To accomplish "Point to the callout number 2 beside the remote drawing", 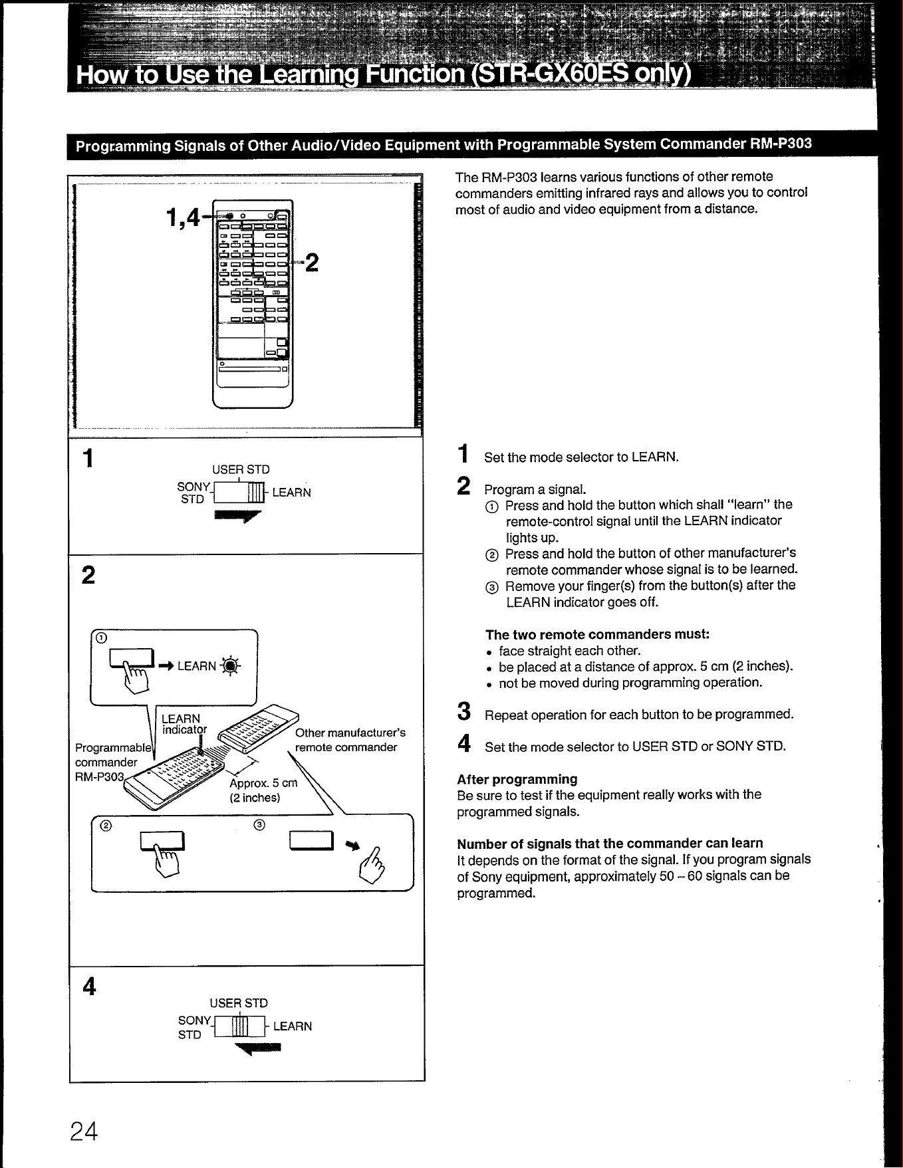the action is click(312, 264).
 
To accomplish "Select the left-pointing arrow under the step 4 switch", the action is click(258, 1049).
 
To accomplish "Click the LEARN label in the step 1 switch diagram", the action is click(291, 493).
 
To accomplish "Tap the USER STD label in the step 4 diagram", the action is click(239, 1002).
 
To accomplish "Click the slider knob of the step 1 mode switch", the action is click(256, 493).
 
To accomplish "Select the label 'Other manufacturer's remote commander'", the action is click(350, 740).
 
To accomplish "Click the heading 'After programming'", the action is click(517, 779).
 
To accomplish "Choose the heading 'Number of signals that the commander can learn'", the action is click(610, 844).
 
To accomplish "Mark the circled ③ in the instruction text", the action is click(491, 586).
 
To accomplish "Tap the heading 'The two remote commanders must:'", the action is click(598, 634).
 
